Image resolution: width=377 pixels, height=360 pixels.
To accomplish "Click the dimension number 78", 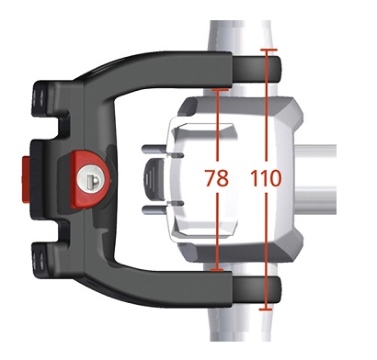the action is tap(217, 178).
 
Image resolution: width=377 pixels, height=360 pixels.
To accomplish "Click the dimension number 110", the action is tap(266, 178).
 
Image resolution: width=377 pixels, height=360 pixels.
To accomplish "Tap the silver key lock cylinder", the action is tap(94, 178).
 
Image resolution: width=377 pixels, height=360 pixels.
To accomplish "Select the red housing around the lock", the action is tap(89, 179).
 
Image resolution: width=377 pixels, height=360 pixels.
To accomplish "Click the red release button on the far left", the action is tap(26, 178).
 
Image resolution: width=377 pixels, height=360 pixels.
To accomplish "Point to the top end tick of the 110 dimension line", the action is tap(268, 50).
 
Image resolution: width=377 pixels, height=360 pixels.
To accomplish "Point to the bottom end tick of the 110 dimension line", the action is tap(266, 309).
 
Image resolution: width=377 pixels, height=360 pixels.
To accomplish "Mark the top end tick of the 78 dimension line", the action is tap(220, 90).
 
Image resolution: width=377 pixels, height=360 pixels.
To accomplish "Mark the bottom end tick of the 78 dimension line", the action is tap(217, 270).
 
